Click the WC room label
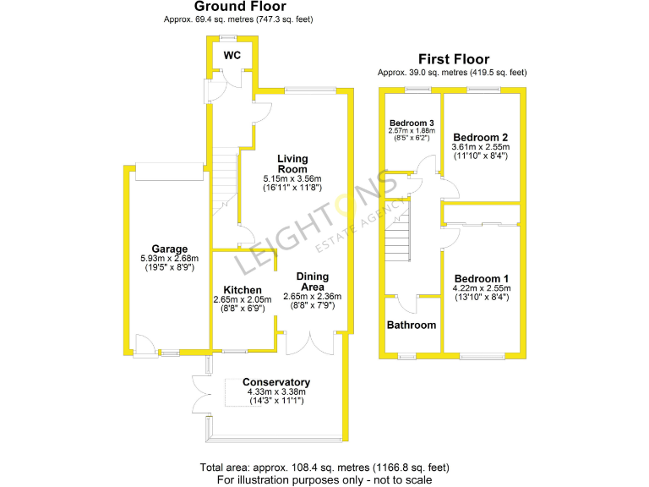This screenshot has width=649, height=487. click(232, 55)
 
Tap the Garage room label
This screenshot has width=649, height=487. click(169, 249)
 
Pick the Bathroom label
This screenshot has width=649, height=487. click(412, 326)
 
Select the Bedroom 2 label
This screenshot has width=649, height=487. click(480, 137)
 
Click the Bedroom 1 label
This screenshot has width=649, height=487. click(482, 278)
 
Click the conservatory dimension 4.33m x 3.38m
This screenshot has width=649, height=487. click(275, 391)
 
